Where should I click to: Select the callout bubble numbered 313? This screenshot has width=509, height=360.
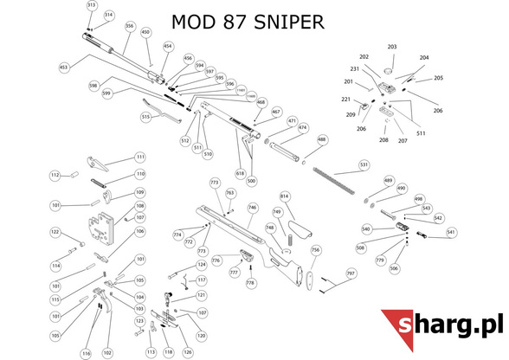coord(92,5)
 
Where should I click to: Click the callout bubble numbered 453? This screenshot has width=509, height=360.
coord(63,66)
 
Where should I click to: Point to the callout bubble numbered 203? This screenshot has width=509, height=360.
coord(391,47)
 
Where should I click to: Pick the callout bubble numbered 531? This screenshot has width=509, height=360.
coord(364,164)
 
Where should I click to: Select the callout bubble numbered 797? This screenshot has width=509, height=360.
coord(351,273)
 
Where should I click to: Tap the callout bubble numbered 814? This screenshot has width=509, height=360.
coord(284,196)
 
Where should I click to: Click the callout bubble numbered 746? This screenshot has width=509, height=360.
coord(253,208)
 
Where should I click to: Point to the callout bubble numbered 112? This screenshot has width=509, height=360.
coord(55,175)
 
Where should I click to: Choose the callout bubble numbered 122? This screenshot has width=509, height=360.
coord(55,232)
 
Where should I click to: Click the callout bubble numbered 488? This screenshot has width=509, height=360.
coord(322,138)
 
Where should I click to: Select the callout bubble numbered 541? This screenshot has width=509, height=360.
coord(451,232)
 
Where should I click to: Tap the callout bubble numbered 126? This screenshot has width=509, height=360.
coord(187,352)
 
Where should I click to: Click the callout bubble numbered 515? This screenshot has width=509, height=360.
coord(145,117)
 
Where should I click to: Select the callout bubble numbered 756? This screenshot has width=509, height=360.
coord(315,250)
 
